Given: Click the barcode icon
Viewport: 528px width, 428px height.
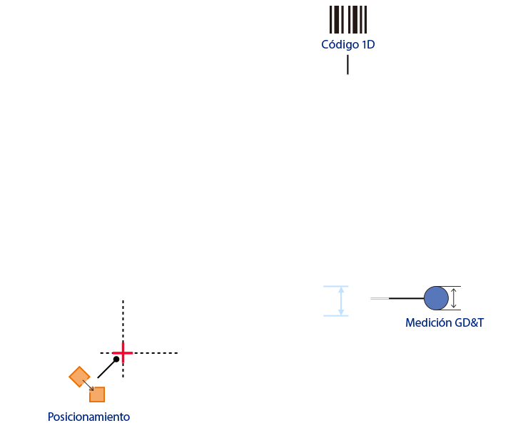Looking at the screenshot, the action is [348, 19].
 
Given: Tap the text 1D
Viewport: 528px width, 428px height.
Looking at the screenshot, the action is [368, 45].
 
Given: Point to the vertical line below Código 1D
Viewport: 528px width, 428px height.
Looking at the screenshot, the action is [348, 65].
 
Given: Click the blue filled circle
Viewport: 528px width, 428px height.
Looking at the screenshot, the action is [436, 298].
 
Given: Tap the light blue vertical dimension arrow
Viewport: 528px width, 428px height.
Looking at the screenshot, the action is [341, 301].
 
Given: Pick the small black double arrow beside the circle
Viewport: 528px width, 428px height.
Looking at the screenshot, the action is [454, 298].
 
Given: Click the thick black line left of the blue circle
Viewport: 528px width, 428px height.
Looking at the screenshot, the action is [407, 298].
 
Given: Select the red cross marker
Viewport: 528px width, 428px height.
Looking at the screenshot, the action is [123, 353].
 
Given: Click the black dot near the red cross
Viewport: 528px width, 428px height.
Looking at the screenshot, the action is [116, 360].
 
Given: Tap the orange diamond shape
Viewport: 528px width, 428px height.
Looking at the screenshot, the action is [79, 377].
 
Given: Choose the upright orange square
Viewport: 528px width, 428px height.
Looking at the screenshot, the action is [97, 394].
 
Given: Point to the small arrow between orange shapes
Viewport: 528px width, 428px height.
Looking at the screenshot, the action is [88, 386].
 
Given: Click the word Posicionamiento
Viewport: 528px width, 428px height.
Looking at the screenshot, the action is [89, 417].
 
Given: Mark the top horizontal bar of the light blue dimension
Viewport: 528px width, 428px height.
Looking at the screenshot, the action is [336, 286].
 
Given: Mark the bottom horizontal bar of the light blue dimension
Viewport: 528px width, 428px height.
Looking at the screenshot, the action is [336, 316].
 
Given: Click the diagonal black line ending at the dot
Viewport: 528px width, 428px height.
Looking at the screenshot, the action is [106, 369].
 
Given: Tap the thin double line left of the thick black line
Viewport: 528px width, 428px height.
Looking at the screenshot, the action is [380, 298].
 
